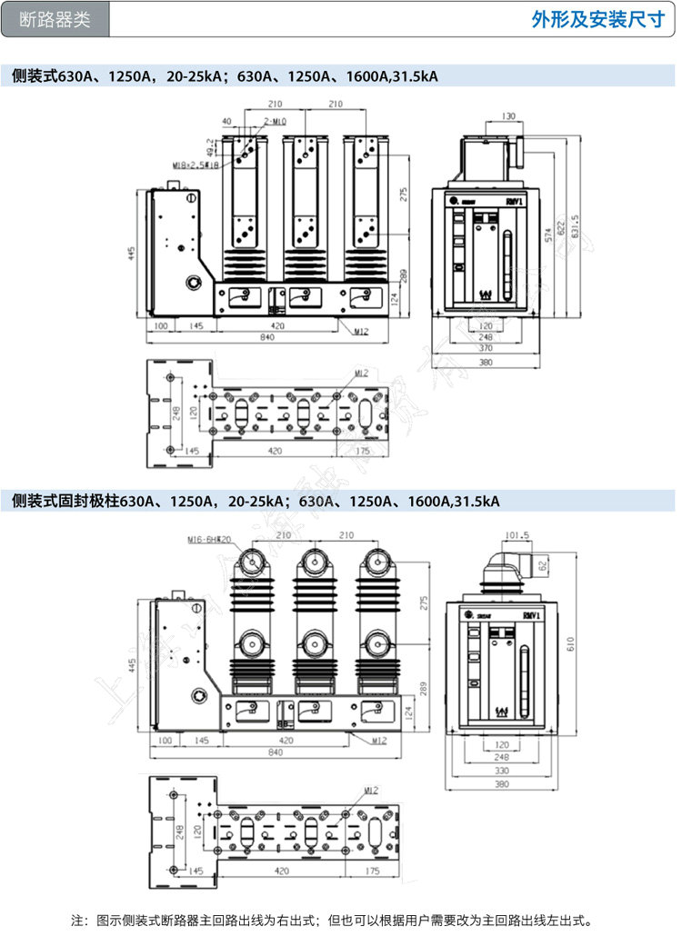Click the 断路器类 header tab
55,19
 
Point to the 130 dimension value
508,115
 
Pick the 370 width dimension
486,348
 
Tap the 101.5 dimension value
517,535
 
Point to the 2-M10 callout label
274,121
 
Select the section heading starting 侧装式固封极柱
256,501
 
